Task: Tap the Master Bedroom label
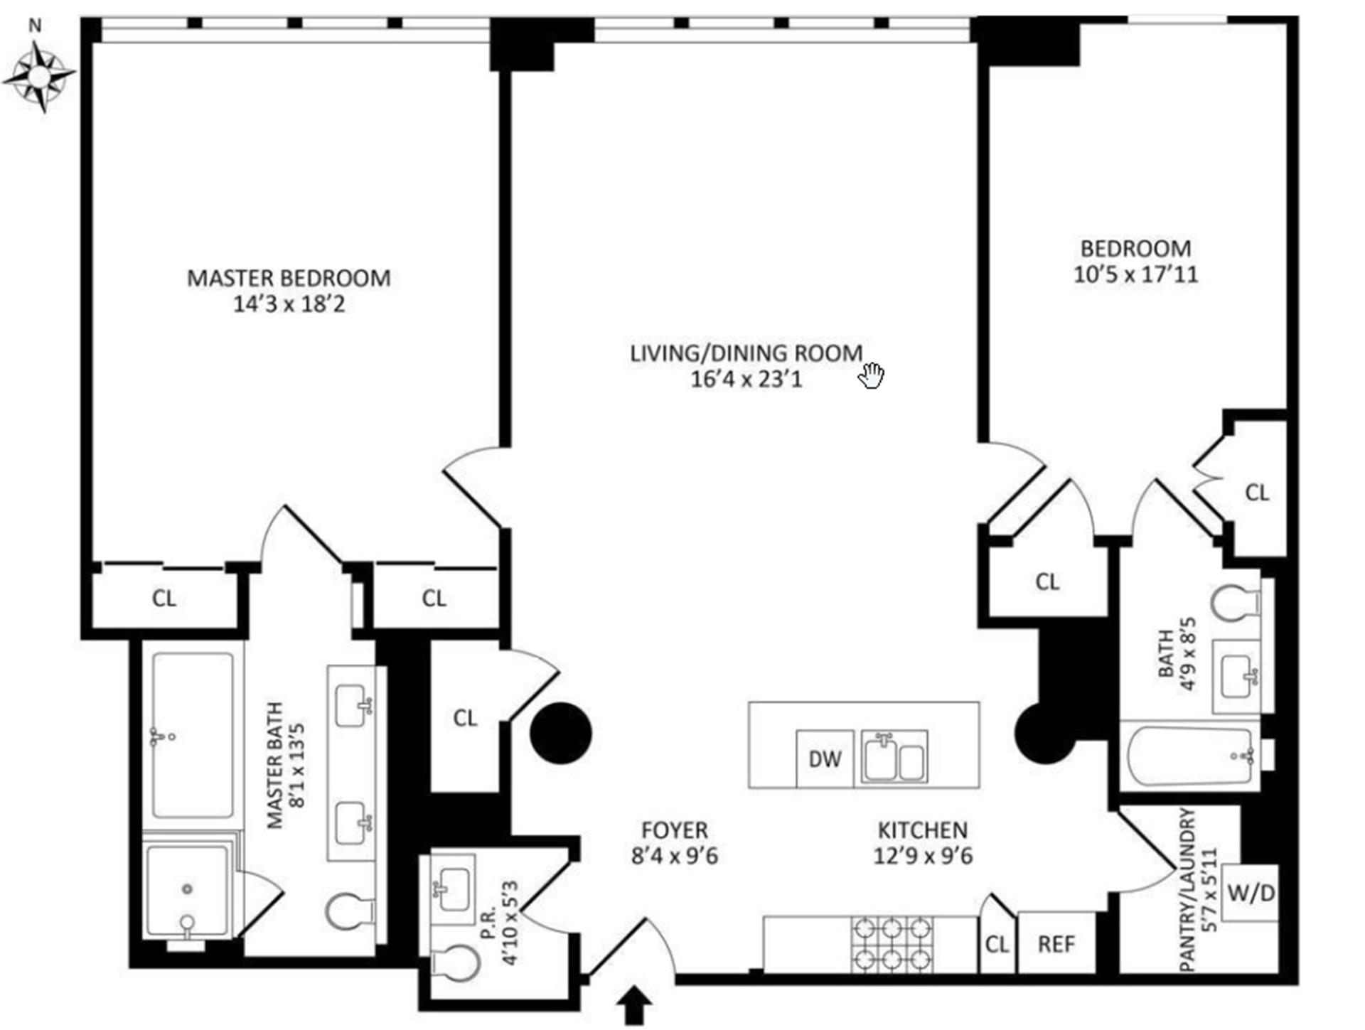[x=289, y=278]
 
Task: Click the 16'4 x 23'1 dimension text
[x=746, y=380]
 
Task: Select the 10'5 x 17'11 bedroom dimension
[x=1135, y=274]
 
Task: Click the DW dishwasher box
[x=825, y=758]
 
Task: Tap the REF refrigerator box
[x=1056, y=944]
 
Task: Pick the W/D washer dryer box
[x=1251, y=894]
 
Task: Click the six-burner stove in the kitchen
[x=892, y=944]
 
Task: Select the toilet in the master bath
[x=350, y=911]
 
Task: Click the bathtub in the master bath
[x=193, y=735]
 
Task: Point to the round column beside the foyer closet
[x=561, y=734]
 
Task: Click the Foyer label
[x=674, y=830]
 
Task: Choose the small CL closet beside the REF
[x=997, y=944]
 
